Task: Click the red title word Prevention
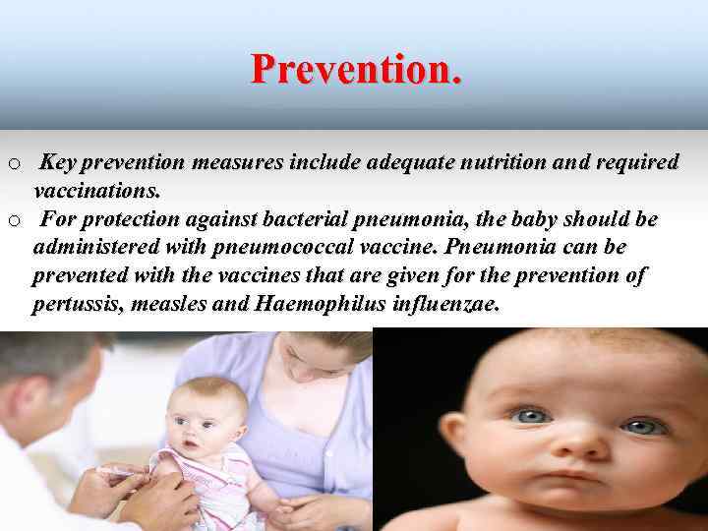(x=355, y=70)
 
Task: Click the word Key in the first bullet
(x=63, y=162)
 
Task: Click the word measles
(x=170, y=304)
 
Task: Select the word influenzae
(x=443, y=304)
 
